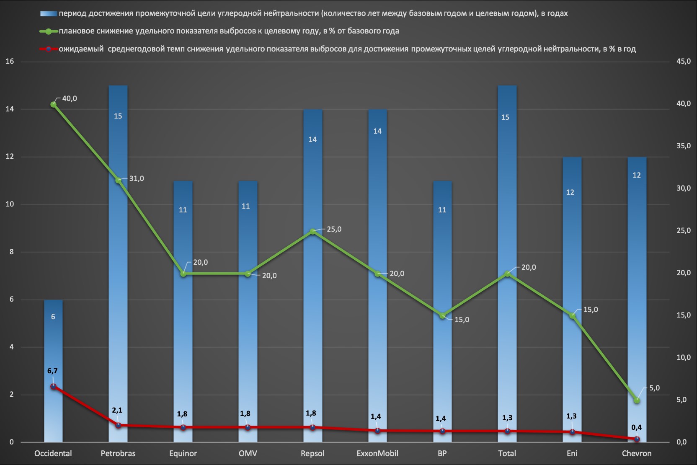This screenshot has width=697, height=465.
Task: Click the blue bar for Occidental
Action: point(53,371)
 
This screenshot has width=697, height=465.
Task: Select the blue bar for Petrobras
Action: point(118,263)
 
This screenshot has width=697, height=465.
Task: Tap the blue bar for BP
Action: point(442,311)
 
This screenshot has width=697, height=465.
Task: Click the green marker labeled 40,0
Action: point(54,104)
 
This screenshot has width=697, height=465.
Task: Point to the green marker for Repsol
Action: point(313,231)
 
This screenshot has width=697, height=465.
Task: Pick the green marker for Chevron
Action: point(637,400)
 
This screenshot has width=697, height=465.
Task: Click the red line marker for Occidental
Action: point(54,386)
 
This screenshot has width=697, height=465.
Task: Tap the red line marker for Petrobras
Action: point(118,425)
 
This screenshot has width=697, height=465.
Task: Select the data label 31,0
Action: point(137,178)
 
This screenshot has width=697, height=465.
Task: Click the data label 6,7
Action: point(53,371)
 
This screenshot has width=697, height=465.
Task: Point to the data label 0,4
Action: point(636,428)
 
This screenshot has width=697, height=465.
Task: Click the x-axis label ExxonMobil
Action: point(377,454)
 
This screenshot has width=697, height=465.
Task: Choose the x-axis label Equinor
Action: point(183,454)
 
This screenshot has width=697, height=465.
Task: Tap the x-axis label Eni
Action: point(572,454)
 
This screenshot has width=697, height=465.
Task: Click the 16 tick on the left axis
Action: point(10,61)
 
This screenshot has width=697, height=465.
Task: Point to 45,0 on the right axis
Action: point(684,61)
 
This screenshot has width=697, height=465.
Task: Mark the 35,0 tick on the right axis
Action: point(684,146)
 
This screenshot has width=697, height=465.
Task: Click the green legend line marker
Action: point(49,31)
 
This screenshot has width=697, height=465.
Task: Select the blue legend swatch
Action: point(49,14)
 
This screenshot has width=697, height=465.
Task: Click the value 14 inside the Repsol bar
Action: point(313,139)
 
